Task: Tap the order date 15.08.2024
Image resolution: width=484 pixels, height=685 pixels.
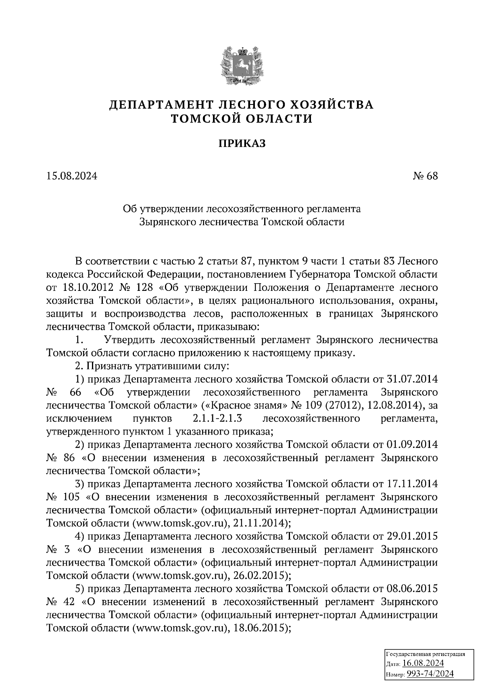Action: click(x=72, y=176)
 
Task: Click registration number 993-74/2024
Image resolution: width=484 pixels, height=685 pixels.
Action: click(x=430, y=673)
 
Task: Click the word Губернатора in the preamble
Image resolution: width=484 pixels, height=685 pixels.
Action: click(x=318, y=274)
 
